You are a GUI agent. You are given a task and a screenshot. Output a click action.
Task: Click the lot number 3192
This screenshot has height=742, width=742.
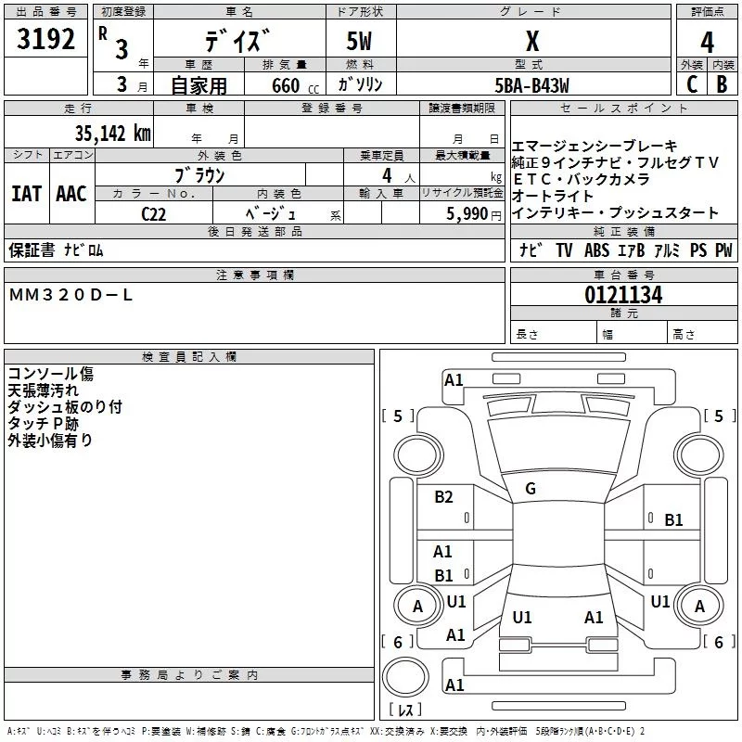pyautogui.click(x=46, y=41)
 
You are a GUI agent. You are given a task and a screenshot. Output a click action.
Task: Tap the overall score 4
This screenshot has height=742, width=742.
pyautogui.click(x=707, y=43)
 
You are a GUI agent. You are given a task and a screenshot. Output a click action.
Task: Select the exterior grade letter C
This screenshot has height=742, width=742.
pyautogui.click(x=691, y=84)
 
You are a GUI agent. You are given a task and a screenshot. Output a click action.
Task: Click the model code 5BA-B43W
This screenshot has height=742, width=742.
pyautogui.click(x=531, y=85)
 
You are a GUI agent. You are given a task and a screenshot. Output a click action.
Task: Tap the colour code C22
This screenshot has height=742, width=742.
pyautogui.click(x=153, y=213)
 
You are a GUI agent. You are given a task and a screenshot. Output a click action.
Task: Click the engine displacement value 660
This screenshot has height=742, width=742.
pyautogui.click(x=285, y=86)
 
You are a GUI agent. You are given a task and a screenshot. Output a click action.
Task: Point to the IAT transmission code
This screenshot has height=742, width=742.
pyautogui.click(x=26, y=194)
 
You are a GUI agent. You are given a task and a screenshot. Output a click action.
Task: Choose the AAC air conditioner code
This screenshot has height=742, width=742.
pyautogui.click(x=71, y=194)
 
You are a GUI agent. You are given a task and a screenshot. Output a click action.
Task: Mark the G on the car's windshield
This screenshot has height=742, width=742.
pyautogui.click(x=531, y=488)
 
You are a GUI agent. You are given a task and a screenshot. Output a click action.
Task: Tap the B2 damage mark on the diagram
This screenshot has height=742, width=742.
pyautogui.click(x=444, y=497)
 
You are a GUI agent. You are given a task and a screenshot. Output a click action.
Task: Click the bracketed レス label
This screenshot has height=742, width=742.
pyautogui.click(x=404, y=711)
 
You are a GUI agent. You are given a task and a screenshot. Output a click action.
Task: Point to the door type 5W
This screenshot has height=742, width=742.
pyautogui.click(x=361, y=43)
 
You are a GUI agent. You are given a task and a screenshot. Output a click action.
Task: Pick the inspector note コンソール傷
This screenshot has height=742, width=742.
pyautogui.click(x=50, y=374)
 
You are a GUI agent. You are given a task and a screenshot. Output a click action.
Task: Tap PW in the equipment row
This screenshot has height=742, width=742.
pyautogui.click(x=723, y=250)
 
